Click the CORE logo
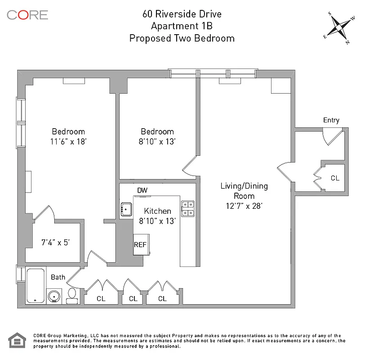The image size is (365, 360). (27, 14)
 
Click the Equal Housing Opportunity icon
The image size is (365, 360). (17, 341)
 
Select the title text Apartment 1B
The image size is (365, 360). (182, 26)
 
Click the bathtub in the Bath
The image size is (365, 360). (35, 285)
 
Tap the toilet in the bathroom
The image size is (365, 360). (71, 295)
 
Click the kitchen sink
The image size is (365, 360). (126, 208)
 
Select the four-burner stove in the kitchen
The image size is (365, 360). (187, 207)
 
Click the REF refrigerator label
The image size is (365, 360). (140, 245)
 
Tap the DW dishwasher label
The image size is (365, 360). (142, 190)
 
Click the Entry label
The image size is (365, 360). (331, 120)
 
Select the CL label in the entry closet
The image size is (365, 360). (335, 178)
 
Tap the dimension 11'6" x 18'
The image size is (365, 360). (68, 141)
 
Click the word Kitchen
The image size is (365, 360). (157, 211)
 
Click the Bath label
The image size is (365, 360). (58, 277)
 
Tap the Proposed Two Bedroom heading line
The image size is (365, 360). (182, 38)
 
